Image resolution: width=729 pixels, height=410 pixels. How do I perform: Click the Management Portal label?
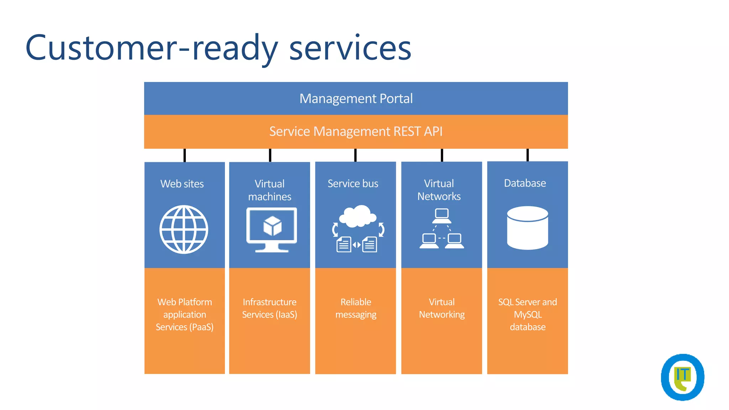coord(356,99)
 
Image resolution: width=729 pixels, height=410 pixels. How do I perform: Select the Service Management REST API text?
coord(356,131)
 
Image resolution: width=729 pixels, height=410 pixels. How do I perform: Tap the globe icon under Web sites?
coord(184,229)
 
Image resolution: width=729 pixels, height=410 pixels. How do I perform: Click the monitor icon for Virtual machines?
coord(272,230)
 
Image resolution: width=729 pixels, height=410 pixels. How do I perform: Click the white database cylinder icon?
coord(527,228)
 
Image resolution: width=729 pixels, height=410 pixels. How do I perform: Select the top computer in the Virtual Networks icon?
coord(442,215)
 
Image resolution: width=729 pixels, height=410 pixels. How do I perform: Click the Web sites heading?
coord(182,184)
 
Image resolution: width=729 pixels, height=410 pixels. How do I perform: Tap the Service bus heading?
coord(353,183)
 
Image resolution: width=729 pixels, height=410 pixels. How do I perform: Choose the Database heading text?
coord(525,183)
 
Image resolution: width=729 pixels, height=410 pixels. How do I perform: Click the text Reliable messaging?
coord(356,308)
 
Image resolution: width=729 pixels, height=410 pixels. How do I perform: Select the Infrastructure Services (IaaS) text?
coord(269,308)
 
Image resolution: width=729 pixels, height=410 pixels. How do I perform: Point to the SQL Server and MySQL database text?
coord(527,314)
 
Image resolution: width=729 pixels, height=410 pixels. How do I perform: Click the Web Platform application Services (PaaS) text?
coord(184,314)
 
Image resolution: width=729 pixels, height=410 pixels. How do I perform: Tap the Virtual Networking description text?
coord(441,308)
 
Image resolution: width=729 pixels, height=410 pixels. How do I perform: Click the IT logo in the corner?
coord(682,377)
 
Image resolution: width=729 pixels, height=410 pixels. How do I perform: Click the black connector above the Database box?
coord(528,155)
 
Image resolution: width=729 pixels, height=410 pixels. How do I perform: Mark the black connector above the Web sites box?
coord(184,155)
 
